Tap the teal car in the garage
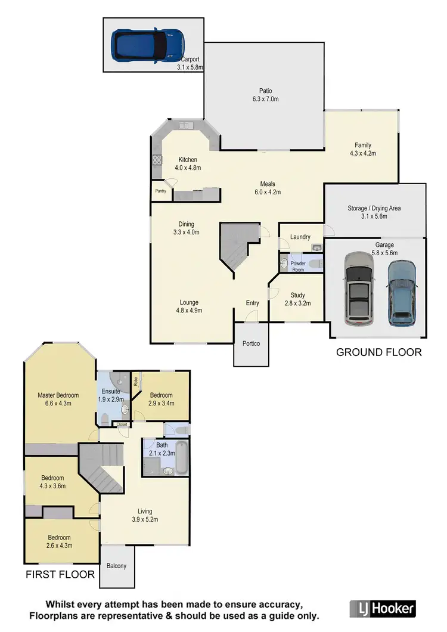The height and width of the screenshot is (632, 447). [x=402, y=294]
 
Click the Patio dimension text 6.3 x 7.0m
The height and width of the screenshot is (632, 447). [x=265, y=99]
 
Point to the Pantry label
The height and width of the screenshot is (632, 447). [x=160, y=191]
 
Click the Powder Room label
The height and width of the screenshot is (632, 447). [x=298, y=266]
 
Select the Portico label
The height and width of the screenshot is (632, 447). [x=251, y=343]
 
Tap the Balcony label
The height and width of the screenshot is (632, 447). [x=116, y=566]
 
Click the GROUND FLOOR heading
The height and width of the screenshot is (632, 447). [x=378, y=352]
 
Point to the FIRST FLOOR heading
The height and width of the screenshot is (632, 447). [x=60, y=575]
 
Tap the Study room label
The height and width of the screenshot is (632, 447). [x=297, y=295]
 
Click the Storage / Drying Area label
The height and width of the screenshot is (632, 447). [x=374, y=208]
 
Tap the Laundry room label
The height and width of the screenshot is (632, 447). [x=300, y=237]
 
